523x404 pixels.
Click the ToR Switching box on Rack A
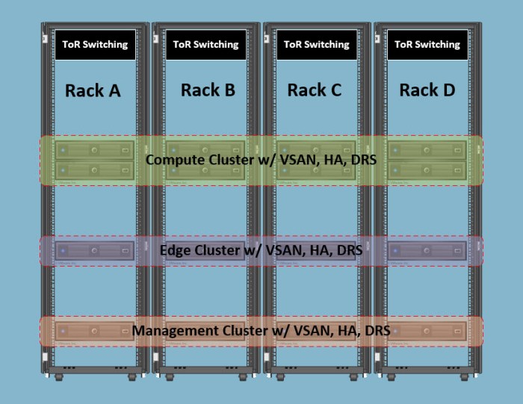tap(95, 45)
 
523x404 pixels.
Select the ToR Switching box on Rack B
tap(205, 45)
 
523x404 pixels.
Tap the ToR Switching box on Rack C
tap(316, 45)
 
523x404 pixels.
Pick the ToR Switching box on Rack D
tap(427, 45)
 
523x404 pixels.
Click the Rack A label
tap(93, 91)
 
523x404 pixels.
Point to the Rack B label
tap(208, 90)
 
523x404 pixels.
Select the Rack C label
tap(315, 90)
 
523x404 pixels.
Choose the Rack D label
tap(427, 90)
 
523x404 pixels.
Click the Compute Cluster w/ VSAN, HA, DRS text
tap(261, 160)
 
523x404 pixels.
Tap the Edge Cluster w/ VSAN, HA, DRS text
tap(261, 250)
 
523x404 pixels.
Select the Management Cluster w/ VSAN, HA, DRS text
tap(261, 330)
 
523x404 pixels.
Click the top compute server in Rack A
tap(95, 151)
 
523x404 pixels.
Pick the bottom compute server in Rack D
tap(427, 171)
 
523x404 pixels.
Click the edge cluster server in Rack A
tap(95, 250)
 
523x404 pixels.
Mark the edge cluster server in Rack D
tap(427, 250)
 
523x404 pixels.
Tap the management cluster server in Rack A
tap(95, 331)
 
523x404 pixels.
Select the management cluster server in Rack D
tap(427, 331)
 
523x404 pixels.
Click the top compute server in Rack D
tap(427, 151)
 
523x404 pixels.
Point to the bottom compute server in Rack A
tap(95, 171)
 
